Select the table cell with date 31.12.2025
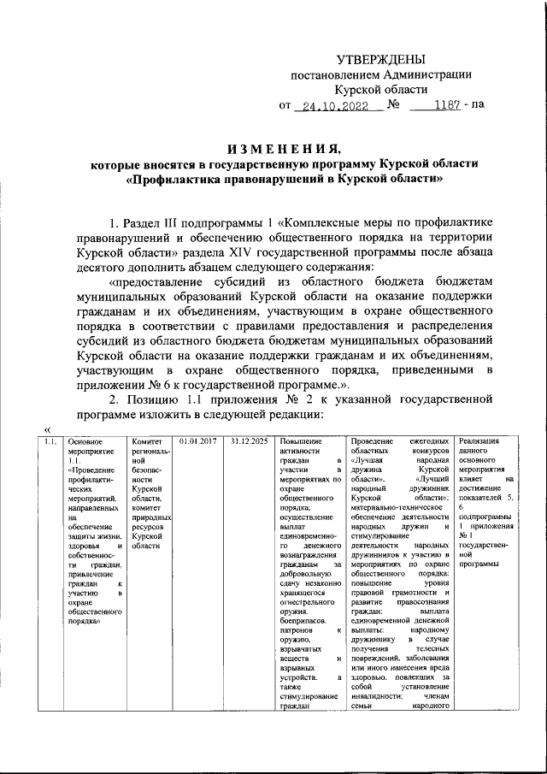247,441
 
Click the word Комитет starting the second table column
146,441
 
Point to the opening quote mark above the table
48,428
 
